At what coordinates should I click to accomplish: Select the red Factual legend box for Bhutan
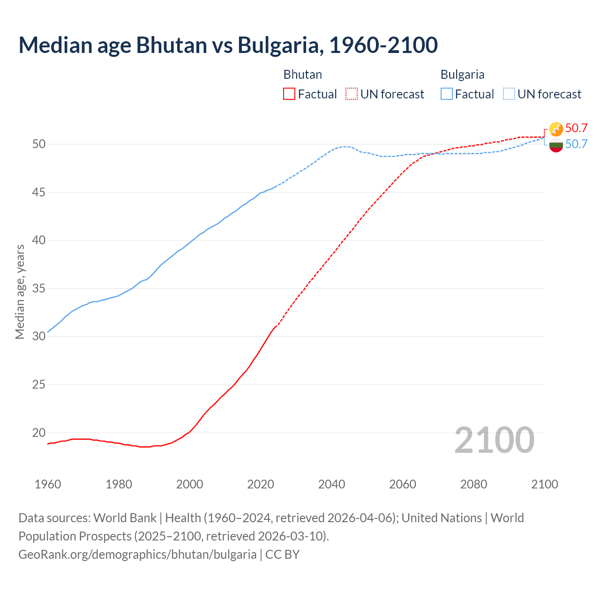tap(289, 94)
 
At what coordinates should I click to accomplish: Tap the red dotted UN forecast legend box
tap(352, 94)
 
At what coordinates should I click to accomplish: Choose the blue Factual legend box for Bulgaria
tap(447, 94)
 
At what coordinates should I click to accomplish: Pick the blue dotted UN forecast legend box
tap(509, 94)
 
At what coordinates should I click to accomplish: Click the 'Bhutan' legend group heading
tap(302, 75)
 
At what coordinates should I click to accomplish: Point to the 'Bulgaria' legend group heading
tap(462, 75)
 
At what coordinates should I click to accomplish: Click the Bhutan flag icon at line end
tap(556, 129)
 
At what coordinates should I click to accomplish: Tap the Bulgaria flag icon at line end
tap(556, 145)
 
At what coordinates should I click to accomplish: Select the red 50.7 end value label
tap(576, 128)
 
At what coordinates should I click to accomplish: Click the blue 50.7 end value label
tap(576, 144)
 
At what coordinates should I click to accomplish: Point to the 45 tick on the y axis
tap(39, 192)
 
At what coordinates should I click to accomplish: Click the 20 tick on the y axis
tap(39, 433)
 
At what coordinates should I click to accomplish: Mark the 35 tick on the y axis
tap(39, 288)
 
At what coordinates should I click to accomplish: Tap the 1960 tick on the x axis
tap(48, 484)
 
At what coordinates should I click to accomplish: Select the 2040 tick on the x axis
tap(331, 484)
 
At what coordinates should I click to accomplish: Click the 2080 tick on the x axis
tap(473, 484)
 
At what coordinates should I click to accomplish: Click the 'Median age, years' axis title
tap(20, 292)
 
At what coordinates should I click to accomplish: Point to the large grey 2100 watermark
tap(494, 440)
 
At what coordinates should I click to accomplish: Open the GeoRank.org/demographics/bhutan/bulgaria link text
tap(137, 555)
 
